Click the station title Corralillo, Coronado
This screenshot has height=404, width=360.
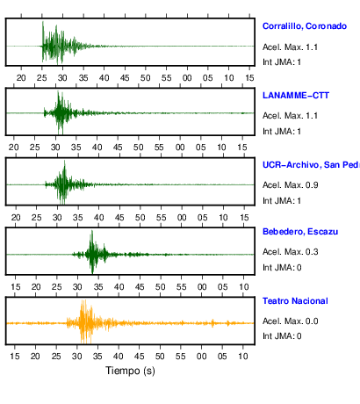pyautogui.click(x=305, y=26)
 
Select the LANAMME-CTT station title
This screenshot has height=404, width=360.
pyautogui.click(x=296, y=96)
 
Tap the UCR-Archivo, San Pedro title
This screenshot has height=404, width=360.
pyautogui.click(x=311, y=165)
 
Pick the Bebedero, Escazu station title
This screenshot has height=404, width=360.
pyautogui.click(x=300, y=232)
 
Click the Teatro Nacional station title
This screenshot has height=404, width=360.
pyautogui.click(x=295, y=301)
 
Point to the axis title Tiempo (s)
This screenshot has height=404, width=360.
pyautogui.click(x=130, y=371)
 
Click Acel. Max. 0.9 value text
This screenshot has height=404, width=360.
pyautogui.click(x=290, y=185)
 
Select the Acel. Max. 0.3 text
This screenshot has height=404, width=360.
pyautogui.click(x=290, y=252)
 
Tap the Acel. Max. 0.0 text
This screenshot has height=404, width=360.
pyautogui.click(x=290, y=321)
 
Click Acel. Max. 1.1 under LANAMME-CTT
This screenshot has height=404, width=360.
pyautogui.click(x=290, y=116)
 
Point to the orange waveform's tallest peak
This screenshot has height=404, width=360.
pyautogui.click(x=84, y=300)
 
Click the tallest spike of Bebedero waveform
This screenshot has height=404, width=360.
pyautogui.click(x=92, y=231)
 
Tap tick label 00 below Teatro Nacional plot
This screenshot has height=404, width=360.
pyautogui.click(x=201, y=357)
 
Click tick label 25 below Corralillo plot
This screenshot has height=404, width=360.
pyautogui.click(x=42, y=78)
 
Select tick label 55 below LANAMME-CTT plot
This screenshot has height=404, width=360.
pyautogui.click(x=159, y=148)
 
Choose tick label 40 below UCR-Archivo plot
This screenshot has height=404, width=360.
pyautogui.click(x=98, y=218)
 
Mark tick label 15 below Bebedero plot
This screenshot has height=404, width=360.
pyautogui.click(x=15, y=286)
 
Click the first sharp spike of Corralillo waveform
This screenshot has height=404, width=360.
pyautogui.click(x=43, y=22)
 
